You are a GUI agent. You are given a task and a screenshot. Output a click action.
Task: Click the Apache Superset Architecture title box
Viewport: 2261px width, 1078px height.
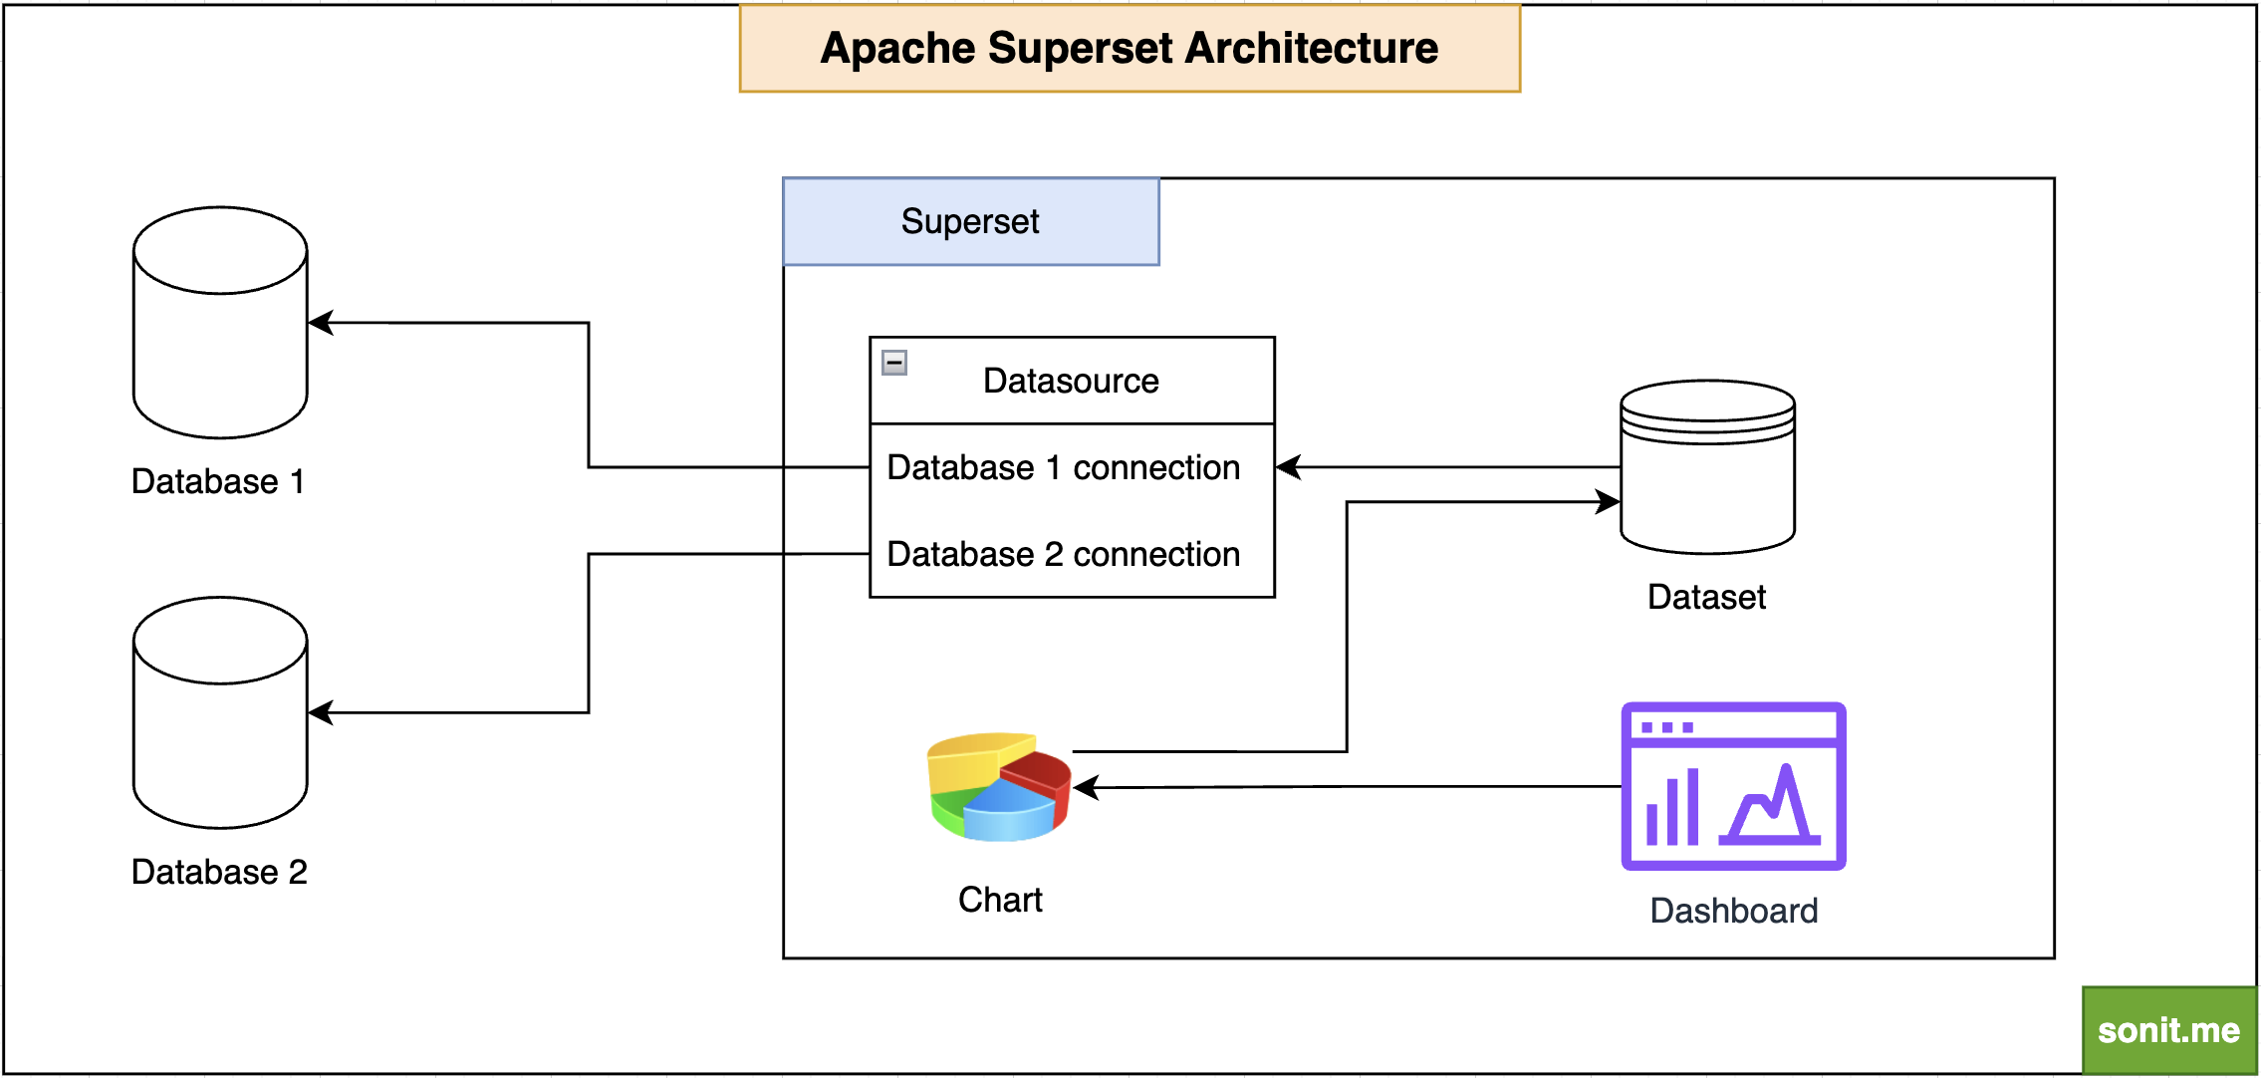1129,48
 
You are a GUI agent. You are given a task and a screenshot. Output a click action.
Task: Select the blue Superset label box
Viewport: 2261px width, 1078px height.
970,221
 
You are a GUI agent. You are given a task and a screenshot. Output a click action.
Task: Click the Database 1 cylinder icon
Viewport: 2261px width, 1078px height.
220,323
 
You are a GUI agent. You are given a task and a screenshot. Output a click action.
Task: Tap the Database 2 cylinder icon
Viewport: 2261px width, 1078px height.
220,712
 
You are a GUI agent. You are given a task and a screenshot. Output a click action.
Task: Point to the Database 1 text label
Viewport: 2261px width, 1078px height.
217,481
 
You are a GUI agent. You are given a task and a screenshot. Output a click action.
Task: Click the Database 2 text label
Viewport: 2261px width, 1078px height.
219,872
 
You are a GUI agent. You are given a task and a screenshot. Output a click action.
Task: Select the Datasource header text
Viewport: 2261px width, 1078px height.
1071,381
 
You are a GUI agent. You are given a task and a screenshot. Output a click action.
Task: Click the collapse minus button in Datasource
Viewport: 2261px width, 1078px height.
894,363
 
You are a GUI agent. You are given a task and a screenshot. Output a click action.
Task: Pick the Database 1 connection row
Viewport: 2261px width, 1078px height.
1063,467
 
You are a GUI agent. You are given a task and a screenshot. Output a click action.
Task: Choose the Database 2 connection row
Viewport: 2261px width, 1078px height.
1063,554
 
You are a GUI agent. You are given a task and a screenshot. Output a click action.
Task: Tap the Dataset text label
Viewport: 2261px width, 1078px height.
1706,597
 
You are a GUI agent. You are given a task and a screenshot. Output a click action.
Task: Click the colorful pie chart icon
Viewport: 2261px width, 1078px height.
999,787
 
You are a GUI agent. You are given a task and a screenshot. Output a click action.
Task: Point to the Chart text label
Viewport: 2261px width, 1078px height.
1000,900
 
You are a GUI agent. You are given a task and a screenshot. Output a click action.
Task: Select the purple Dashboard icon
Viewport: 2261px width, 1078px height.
1733,786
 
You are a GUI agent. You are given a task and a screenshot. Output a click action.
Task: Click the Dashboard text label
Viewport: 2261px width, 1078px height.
1733,911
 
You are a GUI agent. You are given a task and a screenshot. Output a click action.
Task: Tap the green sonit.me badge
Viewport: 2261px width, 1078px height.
2168,1030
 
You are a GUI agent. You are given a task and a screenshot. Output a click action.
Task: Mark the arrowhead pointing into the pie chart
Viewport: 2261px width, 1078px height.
1086,788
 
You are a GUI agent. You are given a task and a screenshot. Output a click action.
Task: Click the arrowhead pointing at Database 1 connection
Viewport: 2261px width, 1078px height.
1288,467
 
